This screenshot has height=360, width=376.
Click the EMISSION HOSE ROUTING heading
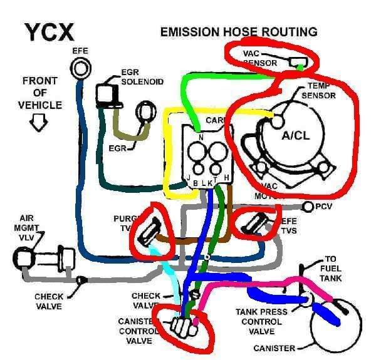(239, 31)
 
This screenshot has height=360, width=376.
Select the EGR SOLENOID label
(143, 77)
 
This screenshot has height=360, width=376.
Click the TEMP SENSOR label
(320, 91)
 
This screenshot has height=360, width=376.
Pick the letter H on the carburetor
(226, 178)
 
